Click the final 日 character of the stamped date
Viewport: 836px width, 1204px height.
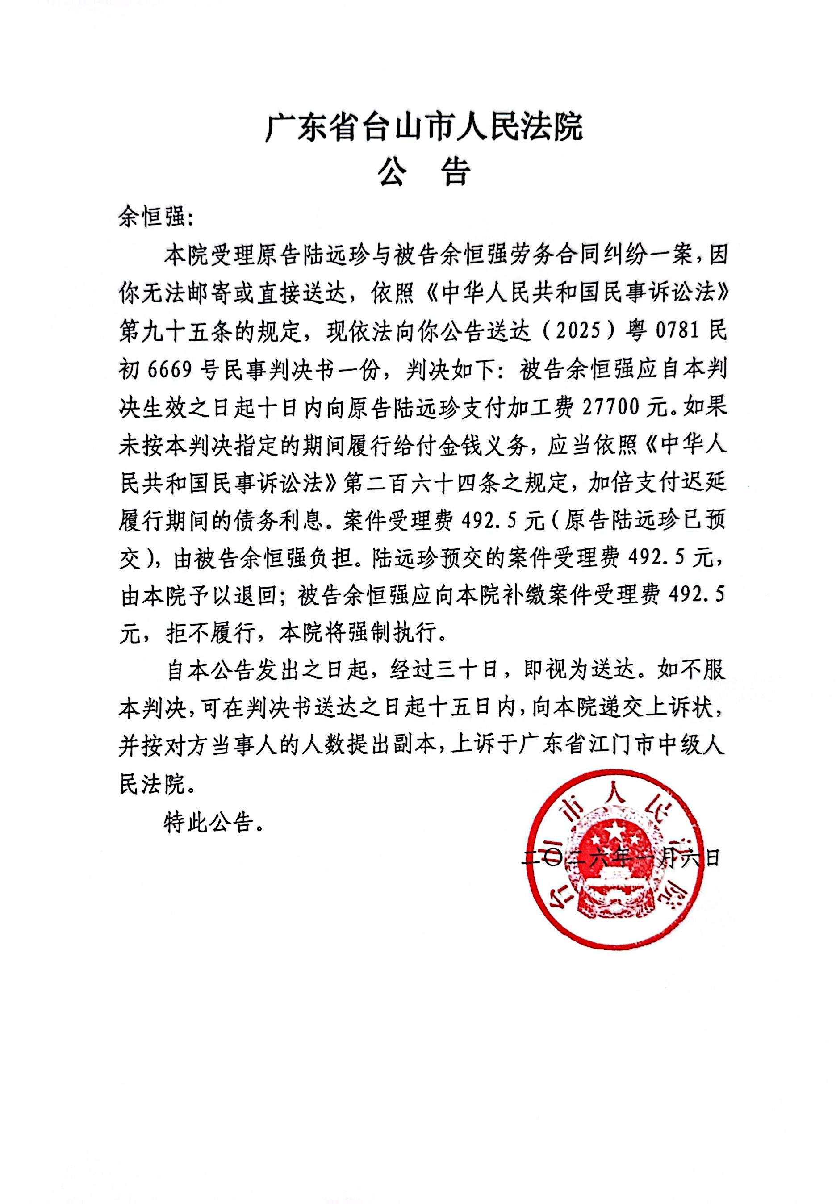coord(712,858)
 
